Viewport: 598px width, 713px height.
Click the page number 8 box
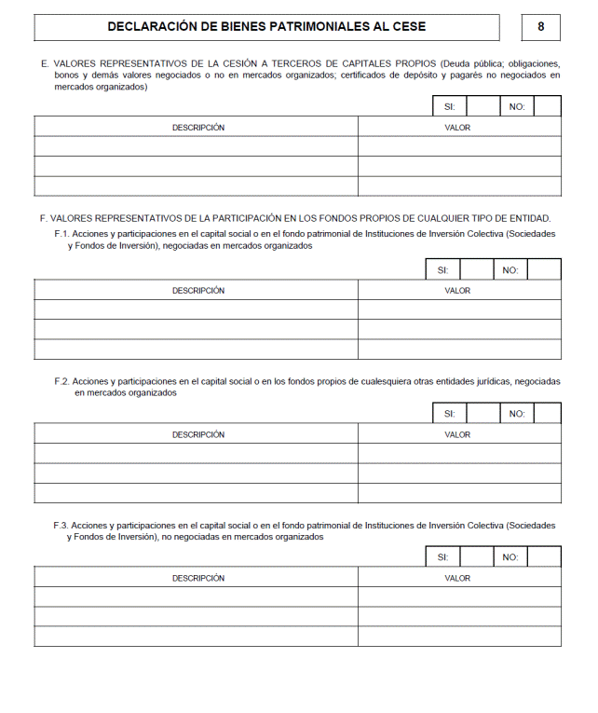coord(540,27)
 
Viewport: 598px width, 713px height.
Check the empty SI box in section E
coord(482,106)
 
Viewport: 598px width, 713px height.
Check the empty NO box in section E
coord(547,106)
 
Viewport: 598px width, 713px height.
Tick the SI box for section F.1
coord(476,270)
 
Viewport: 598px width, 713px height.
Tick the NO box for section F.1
coord(544,270)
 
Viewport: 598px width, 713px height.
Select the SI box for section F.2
coord(482,414)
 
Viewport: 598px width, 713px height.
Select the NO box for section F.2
coord(547,414)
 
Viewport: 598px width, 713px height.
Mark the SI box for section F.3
coord(476,557)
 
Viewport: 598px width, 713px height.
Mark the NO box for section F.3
coord(544,557)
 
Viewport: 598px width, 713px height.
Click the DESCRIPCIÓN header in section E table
coord(197,128)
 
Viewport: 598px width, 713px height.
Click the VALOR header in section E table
coord(457,128)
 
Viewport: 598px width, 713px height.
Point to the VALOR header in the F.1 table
coord(457,291)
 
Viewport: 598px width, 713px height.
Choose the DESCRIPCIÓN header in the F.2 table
coord(197,434)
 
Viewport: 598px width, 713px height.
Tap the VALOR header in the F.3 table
coord(457,578)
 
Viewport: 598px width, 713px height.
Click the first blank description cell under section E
coord(196,146)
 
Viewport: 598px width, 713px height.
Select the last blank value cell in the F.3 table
coord(459,637)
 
